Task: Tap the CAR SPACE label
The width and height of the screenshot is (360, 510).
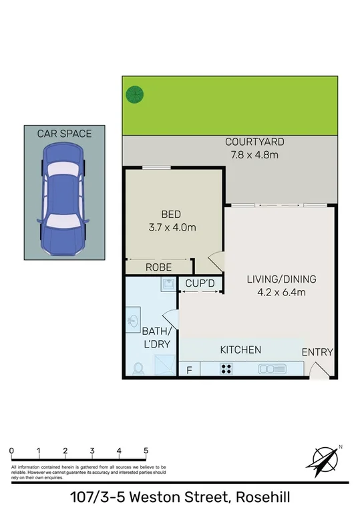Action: [x=64, y=134]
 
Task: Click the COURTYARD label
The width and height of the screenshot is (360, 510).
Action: [x=254, y=142]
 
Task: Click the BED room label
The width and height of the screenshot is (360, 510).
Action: [x=171, y=215]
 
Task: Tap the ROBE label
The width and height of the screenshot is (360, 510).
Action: [x=159, y=267]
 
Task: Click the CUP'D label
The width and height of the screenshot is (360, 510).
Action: [x=200, y=284]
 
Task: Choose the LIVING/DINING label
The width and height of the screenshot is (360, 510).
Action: [x=281, y=279]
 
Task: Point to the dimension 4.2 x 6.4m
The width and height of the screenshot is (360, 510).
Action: [x=281, y=292]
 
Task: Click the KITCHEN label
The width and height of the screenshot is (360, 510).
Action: [x=240, y=350]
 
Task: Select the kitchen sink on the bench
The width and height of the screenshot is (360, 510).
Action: [x=273, y=368]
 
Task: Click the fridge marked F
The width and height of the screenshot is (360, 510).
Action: [x=189, y=369]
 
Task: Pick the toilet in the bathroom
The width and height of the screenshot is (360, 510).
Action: [x=139, y=368]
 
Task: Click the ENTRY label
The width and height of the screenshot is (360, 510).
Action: [x=317, y=352]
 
